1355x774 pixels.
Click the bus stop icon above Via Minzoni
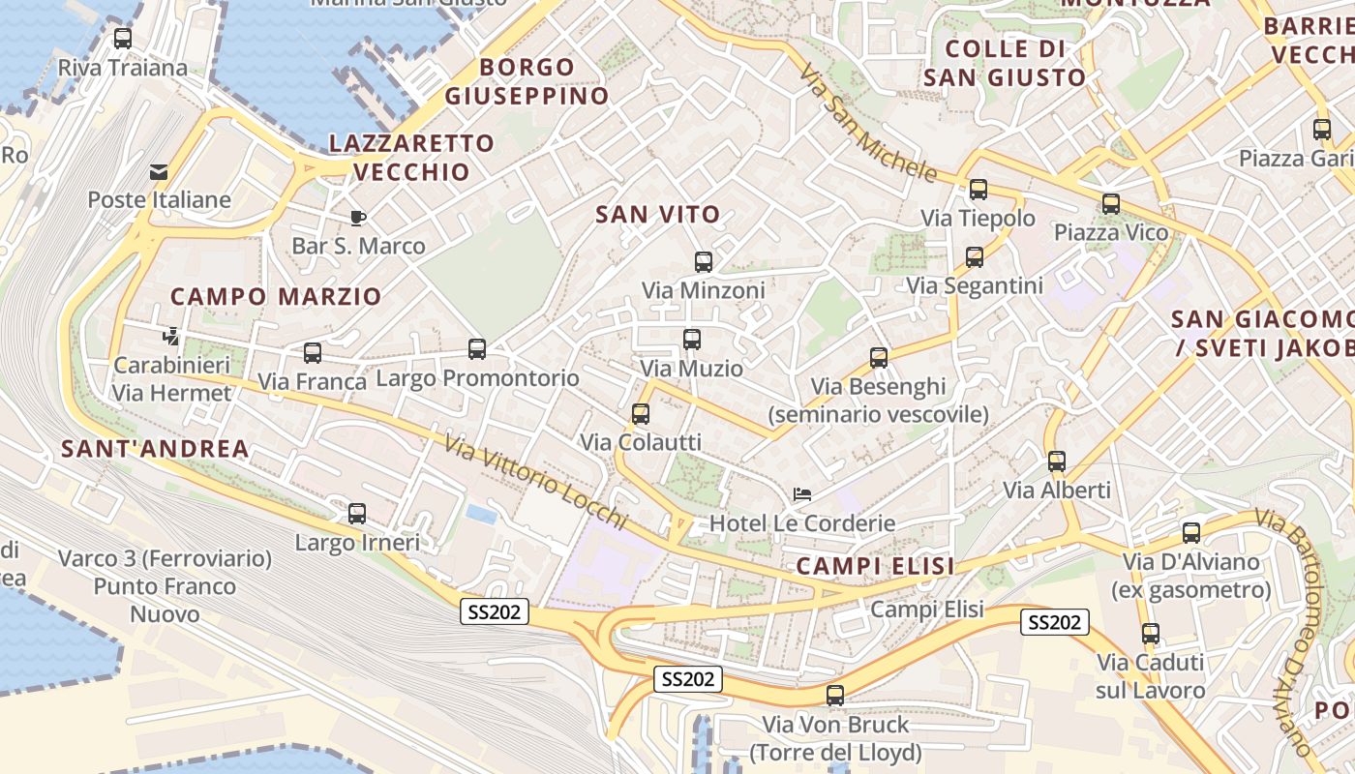point(704,261)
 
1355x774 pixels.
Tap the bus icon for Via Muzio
point(691,340)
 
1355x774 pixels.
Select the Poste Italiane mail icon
point(158,172)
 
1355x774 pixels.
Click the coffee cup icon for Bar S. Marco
point(358,218)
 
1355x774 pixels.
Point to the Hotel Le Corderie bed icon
point(801,494)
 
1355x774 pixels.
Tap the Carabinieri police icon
point(171,337)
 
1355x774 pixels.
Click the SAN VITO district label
point(658,215)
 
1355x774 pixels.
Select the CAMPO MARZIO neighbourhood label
point(277,297)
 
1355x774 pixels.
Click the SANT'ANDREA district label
point(156,449)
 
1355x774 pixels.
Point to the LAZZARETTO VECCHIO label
point(412,158)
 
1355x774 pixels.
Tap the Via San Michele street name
point(868,123)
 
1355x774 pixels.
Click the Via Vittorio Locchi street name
point(536,485)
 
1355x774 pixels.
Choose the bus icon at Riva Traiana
point(123,39)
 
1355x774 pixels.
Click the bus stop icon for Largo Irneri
point(357,514)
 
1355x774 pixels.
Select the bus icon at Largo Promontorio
point(477,349)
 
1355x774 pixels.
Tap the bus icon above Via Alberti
point(1057,461)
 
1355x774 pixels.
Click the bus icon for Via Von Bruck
point(835,696)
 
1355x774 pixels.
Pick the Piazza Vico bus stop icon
point(1111,204)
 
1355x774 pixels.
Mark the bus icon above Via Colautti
point(641,414)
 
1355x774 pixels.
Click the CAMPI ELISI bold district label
point(875,566)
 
